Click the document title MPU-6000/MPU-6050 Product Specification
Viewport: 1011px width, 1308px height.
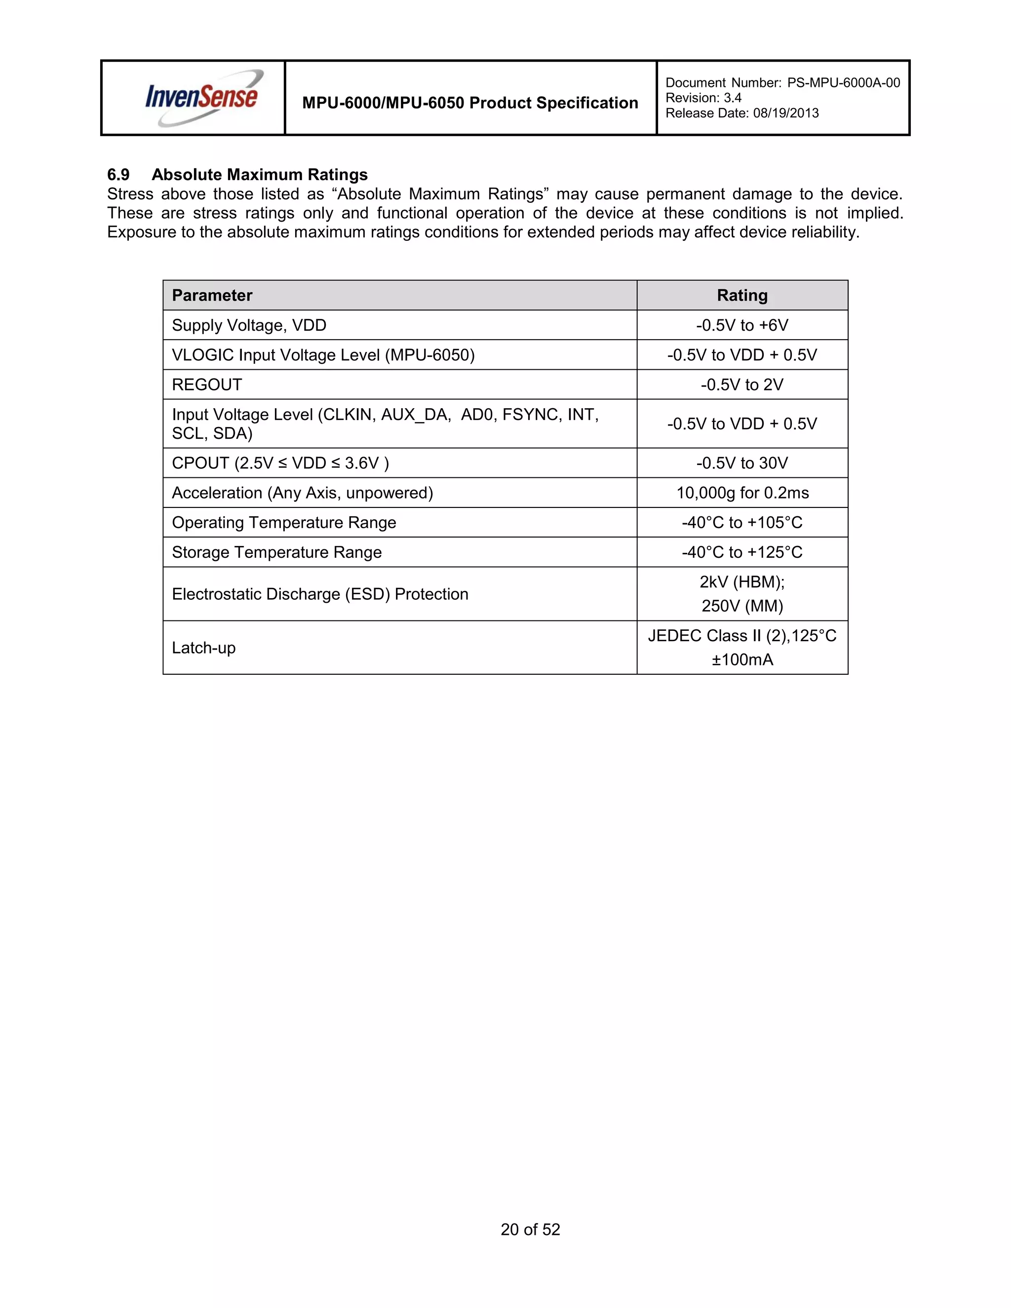[x=470, y=103]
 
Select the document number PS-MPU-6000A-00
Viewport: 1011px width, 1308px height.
[x=843, y=82]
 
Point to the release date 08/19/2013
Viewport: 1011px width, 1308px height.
[x=785, y=113]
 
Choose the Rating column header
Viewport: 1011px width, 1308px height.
[x=742, y=295]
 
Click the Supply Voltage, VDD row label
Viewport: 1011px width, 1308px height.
[x=249, y=325]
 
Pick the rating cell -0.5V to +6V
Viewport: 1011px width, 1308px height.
[x=742, y=325]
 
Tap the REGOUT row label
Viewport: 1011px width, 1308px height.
[x=207, y=385]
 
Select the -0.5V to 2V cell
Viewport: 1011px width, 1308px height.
[x=742, y=385]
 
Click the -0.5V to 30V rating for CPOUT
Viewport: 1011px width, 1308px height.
[x=742, y=463]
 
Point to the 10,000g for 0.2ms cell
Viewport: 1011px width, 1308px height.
[x=742, y=493]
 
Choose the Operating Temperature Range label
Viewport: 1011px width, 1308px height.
[x=284, y=523]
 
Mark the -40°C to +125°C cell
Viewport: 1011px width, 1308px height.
[x=742, y=552]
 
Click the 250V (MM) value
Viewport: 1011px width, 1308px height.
[x=742, y=606]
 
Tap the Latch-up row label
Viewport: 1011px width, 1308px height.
[x=204, y=648]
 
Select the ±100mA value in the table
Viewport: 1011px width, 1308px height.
[x=742, y=660]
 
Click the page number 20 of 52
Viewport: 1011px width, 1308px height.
[x=530, y=1230]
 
